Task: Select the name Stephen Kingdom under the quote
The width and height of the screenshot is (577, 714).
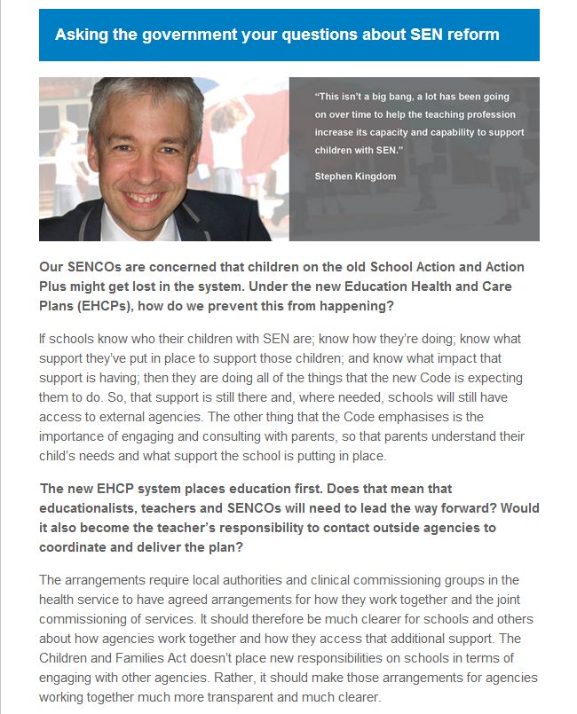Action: point(354,177)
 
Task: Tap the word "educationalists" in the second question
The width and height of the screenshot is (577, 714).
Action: point(90,508)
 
